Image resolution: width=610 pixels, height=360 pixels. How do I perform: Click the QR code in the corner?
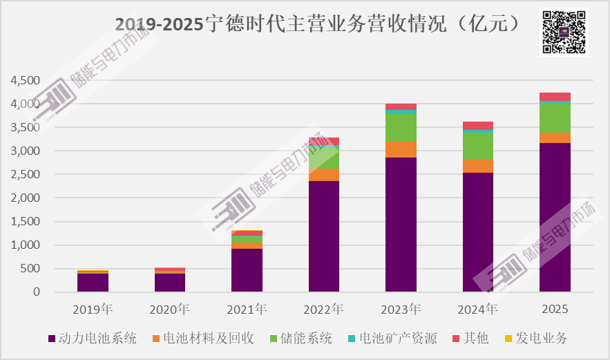click(564, 32)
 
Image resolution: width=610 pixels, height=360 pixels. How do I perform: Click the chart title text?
click(316, 24)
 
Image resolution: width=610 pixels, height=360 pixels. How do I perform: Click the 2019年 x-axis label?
click(93, 308)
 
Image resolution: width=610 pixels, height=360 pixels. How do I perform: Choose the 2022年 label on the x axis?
click(324, 308)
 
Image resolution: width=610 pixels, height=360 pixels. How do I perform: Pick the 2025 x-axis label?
click(555, 308)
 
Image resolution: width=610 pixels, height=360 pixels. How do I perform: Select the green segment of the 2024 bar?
click(478, 146)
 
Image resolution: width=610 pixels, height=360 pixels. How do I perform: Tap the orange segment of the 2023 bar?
click(401, 150)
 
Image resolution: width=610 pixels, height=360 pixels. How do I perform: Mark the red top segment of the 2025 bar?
click(555, 96)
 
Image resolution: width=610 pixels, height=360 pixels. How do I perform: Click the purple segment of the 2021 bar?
click(247, 270)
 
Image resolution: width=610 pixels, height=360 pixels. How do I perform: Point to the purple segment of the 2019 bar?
click(93, 283)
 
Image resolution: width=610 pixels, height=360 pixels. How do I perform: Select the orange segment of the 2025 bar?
click(555, 138)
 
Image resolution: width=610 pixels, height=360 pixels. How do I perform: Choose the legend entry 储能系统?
click(305, 339)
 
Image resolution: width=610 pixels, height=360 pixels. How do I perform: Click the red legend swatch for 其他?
click(456, 339)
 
